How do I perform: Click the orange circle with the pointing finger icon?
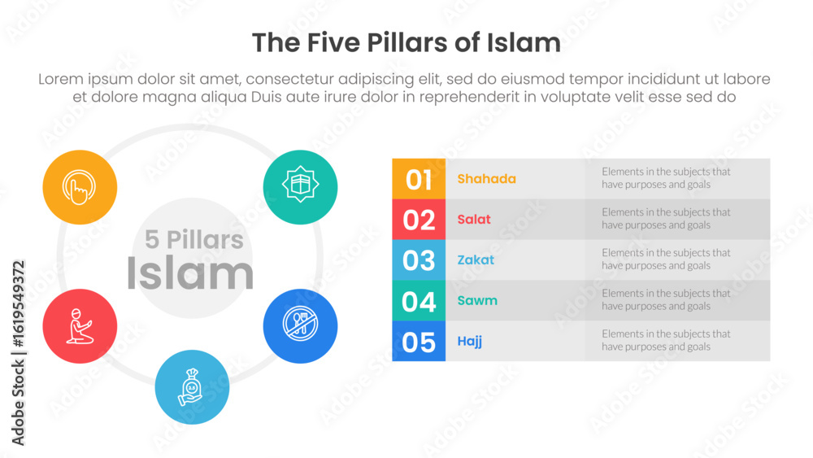(x=80, y=187)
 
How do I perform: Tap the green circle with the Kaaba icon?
(x=300, y=187)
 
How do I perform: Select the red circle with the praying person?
(x=80, y=326)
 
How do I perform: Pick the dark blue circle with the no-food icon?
(x=300, y=326)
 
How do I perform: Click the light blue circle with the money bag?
(x=192, y=387)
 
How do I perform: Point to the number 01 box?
(x=419, y=179)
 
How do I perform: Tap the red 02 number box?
(x=419, y=220)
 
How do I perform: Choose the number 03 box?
(x=419, y=260)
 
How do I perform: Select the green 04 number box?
(x=419, y=301)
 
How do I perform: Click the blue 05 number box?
(x=419, y=342)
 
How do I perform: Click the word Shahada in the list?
(x=486, y=179)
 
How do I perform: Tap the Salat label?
(x=474, y=220)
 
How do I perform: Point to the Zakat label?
(x=476, y=260)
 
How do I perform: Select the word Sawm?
(x=477, y=301)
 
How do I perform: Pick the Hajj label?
(x=470, y=342)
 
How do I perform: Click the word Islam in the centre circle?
(x=189, y=273)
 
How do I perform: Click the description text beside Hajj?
(x=666, y=340)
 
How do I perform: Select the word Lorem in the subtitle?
(x=61, y=79)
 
